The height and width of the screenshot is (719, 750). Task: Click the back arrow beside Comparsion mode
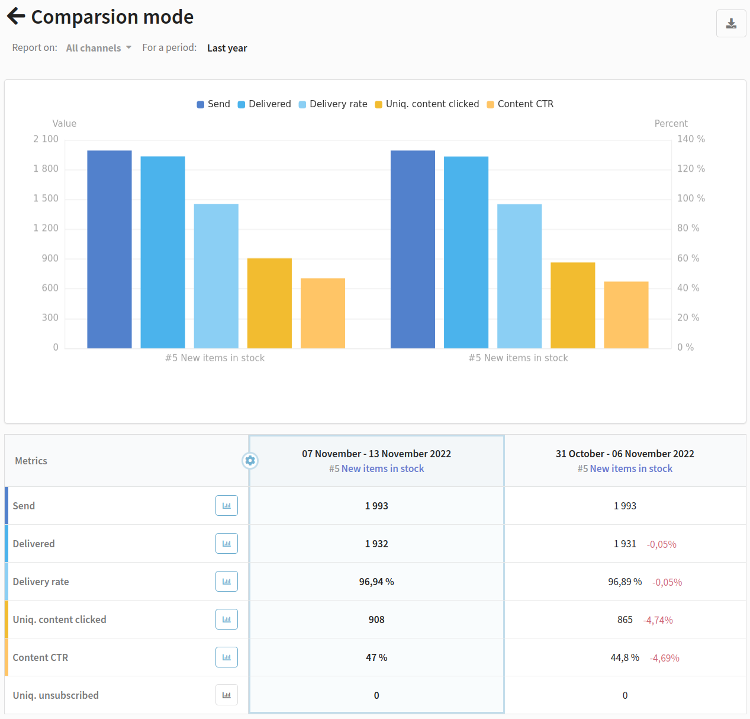click(x=16, y=17)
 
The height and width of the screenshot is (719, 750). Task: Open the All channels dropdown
click(x=99, y=48)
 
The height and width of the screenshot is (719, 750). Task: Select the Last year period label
click(x=227, y=48)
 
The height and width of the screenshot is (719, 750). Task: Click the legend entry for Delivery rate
click(x=333, y=104)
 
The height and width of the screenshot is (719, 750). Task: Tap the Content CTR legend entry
click(x=520, y=104)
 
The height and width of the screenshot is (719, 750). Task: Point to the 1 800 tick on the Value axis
click(x=46, y=168)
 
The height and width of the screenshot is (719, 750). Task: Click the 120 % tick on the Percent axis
click(x=691, y=168)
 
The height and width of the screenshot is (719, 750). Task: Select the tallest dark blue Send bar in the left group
click(x=110, y=249)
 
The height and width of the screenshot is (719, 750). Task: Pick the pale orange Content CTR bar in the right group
click(x=626, y=315)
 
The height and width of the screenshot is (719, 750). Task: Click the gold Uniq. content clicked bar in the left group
click(x=269, y=303)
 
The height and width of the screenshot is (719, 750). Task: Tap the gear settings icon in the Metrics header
click(x=250, y=460)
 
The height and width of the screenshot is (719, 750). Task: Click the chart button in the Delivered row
click(x=227, y=543)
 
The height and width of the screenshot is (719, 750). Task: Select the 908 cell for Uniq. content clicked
click(x=376, y=620)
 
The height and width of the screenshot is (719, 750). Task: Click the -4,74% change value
click(x=658, y=620)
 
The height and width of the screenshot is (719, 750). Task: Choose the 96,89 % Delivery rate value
click(x=625, y=582)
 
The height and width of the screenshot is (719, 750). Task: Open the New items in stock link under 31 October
click(x=631, y=468)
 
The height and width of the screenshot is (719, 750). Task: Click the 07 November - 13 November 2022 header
click(x=376, y=454)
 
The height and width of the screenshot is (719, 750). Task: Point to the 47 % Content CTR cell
click(x=376, y=657)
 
